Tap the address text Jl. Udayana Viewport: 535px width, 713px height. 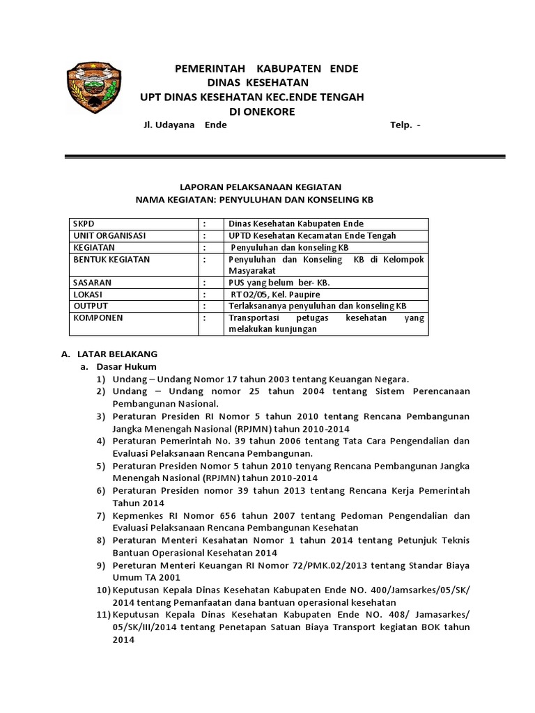click(x=168, y=126)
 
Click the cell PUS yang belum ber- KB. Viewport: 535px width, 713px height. click(x=279, y=283)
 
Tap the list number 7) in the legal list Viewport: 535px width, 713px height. click(x=102, y=516)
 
